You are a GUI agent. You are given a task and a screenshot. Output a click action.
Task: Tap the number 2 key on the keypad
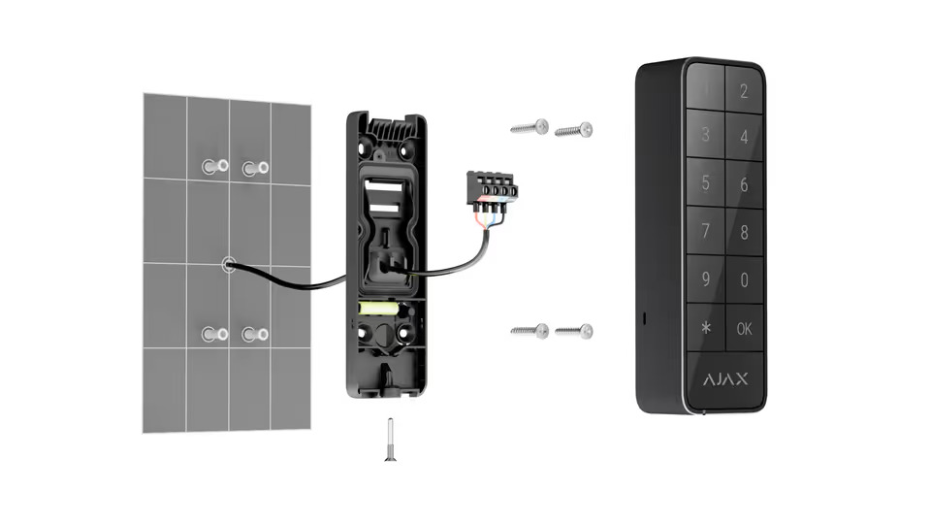[744, 92]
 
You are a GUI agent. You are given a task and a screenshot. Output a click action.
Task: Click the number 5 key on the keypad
[706, 183]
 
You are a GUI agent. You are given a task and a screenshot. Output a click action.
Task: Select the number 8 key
[744, 233]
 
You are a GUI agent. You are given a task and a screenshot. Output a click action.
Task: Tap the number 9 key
[706, 280]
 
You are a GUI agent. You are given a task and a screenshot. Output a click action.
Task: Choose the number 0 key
[744, 280]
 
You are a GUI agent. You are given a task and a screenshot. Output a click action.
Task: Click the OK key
[744, 329]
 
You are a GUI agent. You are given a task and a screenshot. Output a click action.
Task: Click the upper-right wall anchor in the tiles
[255, 168]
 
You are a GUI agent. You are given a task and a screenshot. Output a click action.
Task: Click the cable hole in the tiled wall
[228, 264]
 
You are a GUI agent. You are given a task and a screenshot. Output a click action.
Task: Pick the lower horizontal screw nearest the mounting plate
[530, 331]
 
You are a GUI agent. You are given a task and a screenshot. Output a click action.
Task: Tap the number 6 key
[744, 184]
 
